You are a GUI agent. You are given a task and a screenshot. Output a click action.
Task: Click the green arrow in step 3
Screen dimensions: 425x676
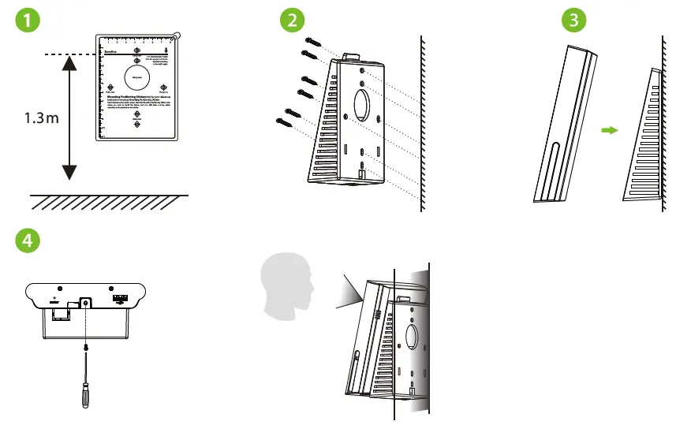[607, 132]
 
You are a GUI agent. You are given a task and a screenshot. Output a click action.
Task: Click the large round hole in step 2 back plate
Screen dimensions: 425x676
[364, 104]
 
